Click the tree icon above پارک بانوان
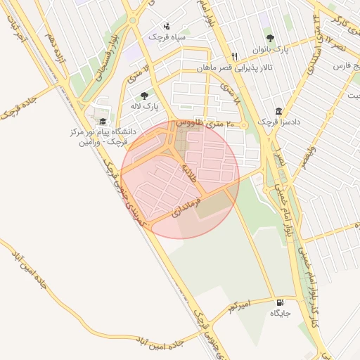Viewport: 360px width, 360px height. (x=270, y=38)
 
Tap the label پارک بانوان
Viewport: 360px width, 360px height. (x=271, y=50)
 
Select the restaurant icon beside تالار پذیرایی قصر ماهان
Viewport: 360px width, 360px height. (x=235, y=56)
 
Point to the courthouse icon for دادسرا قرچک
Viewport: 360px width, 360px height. (x=279, y=111)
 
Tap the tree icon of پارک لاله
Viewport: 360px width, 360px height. (x=144, y=96)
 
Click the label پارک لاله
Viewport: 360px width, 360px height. (x=144, y=107)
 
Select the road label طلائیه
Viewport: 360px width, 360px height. (x=188, y=172)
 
